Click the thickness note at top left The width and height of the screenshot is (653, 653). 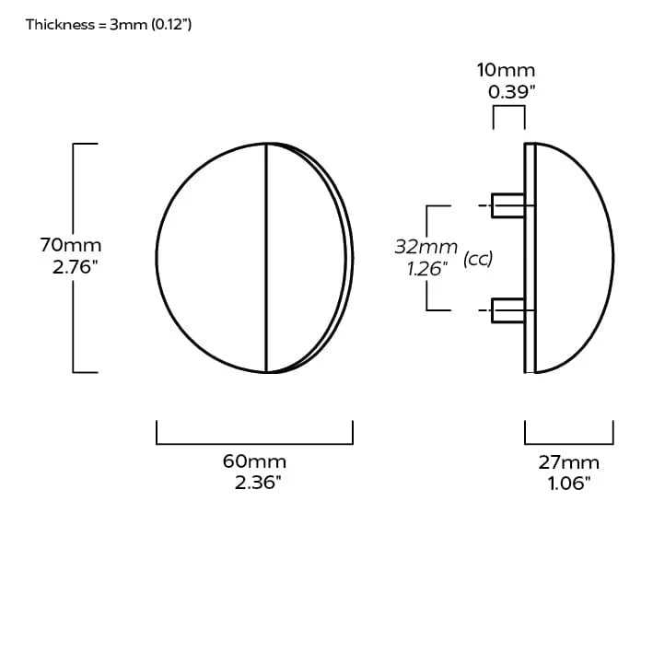[x=109, y=25]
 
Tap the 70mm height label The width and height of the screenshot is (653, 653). [x=71, y=246]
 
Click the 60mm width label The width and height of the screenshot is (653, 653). [x=255, y=461]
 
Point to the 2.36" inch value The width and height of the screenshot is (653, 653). [x=257, y=484]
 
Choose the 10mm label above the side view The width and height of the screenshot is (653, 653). [x=506, y=70]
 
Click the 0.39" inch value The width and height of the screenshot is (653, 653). [x=512, y=92]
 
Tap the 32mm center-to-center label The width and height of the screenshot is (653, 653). [x=426, y=247]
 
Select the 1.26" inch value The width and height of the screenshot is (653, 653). [x=426, y=269]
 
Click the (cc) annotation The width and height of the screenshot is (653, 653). [x=478, y=259]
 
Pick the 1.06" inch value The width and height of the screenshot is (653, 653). [x=568, y=484]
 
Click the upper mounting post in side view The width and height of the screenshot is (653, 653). [x=507, y=205]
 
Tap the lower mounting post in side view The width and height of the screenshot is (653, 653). [x=507, y=311]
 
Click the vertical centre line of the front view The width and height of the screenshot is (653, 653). [x=266, y=258]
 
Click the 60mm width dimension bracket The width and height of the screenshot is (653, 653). [x=255, y=443]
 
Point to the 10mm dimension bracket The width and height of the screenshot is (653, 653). [x=509, y=109]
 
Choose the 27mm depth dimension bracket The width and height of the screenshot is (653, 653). [x=568, y=443]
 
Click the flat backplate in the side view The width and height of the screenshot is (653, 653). [x=530, y=258]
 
